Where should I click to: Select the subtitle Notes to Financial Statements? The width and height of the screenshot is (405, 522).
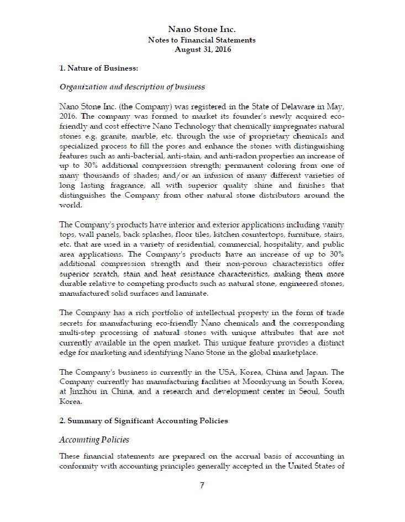click(202, 40)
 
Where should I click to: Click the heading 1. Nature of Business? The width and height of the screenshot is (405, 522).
click(98, 68)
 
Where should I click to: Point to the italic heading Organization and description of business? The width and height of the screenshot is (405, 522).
click(132, 87)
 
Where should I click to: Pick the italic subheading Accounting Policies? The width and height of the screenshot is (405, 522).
click(94, 440)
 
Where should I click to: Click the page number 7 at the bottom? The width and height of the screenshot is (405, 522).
click(202, 486)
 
